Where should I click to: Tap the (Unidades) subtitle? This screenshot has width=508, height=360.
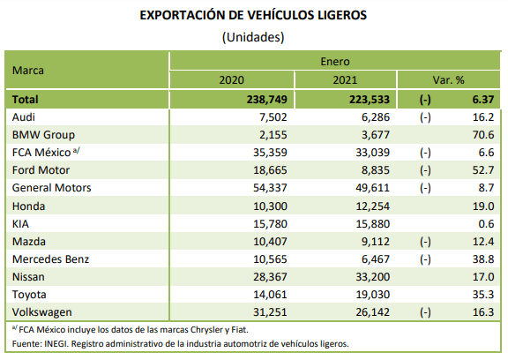(253, 37)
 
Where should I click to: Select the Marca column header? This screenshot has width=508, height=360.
(28, 71)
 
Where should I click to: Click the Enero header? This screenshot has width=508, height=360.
(335, 61)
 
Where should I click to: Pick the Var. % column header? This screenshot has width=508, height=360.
(448, 79)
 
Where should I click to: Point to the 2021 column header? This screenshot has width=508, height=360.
(345, 79)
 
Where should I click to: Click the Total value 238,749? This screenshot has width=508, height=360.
(267, 100)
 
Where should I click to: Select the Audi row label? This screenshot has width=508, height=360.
(23, 117)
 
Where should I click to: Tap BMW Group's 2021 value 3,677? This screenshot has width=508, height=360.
(376, 135)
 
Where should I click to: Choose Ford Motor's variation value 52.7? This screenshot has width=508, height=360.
(483, 170)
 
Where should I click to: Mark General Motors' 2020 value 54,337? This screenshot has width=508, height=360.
(270, 188)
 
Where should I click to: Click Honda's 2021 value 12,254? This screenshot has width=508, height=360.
(373, 206)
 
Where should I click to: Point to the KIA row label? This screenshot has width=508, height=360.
(20, 224)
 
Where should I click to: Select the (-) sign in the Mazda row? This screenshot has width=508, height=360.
(425, 242)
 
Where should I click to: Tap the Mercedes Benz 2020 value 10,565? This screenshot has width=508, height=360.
(270, 259)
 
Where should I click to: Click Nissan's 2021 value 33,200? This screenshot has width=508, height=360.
(373, 277)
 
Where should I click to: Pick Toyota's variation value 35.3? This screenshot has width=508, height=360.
(483, 295)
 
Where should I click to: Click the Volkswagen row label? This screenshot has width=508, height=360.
(42, 312)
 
